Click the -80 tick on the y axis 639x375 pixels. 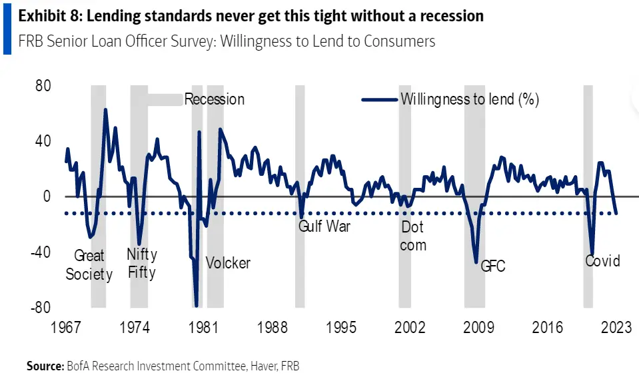(41, 308)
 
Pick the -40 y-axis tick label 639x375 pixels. (41, 252)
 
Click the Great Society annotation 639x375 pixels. (89, 264)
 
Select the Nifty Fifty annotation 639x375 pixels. (141, 263)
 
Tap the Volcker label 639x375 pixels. (228, 262)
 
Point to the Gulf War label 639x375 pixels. (324, 226)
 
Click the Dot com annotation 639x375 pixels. (413, 236)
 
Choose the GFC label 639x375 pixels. (492, 266)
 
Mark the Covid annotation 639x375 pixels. (602, 260)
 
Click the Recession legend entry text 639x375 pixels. (214, 99)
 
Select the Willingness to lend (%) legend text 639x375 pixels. (470, 99)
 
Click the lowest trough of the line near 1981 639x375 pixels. (197, 306)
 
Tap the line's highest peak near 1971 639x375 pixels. (105, 110)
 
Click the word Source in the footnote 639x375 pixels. (44, 366)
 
